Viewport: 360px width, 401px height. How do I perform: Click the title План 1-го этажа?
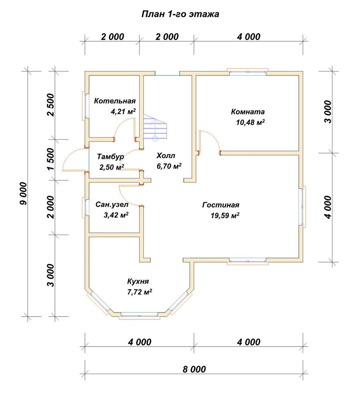click(180, 14)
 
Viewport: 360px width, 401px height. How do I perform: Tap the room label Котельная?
click(115, 101)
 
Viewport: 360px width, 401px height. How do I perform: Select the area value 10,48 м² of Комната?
click(250, 122)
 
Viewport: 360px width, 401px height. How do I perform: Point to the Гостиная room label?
click(220, 205)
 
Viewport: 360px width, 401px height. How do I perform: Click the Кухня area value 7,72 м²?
click(140, 292)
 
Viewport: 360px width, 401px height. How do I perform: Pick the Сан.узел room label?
click(112, 205)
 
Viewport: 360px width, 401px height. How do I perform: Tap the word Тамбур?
click(111, 156)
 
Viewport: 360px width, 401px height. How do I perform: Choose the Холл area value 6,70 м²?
click(169, 166)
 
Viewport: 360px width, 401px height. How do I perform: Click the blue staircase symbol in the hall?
click(155, 127)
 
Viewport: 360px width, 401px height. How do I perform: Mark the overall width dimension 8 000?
click(194, 369)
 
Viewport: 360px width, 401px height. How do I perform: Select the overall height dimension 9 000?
click(23, 193)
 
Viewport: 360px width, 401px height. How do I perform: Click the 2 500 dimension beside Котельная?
click(51, 105)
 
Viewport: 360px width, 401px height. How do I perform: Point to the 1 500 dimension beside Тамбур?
click(51, 159)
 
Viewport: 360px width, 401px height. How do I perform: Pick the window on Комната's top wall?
click(248, 72)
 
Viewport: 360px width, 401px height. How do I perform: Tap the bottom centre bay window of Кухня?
click(140, 315)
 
